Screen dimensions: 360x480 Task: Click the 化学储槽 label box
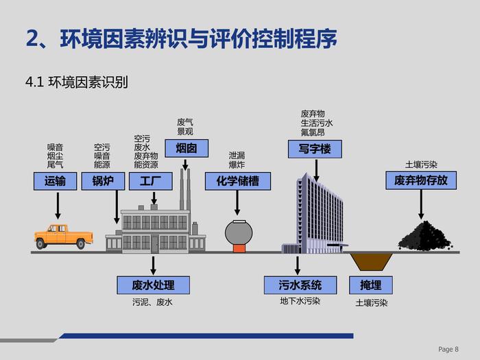pos(238,181)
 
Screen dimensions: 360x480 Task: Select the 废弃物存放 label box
pos(420,181)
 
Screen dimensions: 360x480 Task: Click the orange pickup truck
pos(63,236)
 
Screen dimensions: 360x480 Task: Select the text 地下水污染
pos(300,300)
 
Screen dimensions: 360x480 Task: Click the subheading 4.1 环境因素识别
pos(77,83)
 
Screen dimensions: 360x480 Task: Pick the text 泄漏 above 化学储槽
pos(237,155)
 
